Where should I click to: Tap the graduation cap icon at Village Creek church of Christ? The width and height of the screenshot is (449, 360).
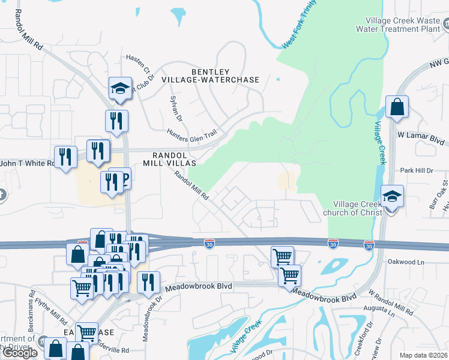click(392, 196)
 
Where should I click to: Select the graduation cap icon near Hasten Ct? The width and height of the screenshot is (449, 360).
click(120, 89)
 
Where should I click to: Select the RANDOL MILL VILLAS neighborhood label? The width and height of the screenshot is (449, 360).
click(169, 157)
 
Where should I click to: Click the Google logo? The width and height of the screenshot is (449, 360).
click(20, 353)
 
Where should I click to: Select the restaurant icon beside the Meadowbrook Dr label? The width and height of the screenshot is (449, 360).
click(147, 283)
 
